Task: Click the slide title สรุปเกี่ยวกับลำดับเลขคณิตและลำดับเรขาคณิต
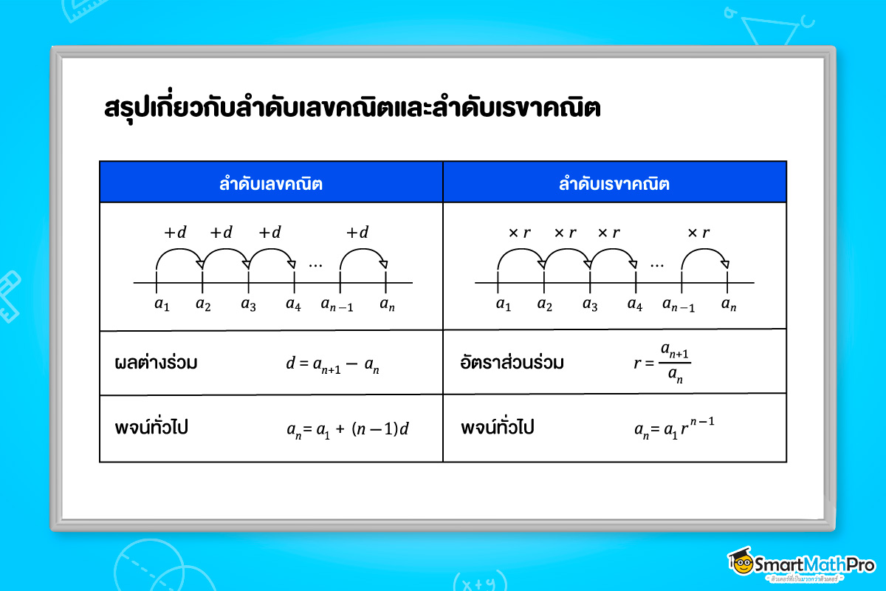352,109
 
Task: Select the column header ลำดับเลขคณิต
271,183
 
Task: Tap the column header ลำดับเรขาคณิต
614,183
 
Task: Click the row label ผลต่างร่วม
157,363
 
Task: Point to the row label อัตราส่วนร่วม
511,363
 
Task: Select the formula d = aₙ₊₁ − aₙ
332,366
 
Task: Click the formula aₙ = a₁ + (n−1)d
347,429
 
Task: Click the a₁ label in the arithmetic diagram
161,304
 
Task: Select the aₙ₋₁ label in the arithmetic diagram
337,304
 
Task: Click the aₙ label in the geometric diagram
729,304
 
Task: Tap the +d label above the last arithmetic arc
357,233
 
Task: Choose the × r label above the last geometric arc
698,233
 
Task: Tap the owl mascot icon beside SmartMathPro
740,563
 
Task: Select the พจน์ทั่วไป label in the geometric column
498,428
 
